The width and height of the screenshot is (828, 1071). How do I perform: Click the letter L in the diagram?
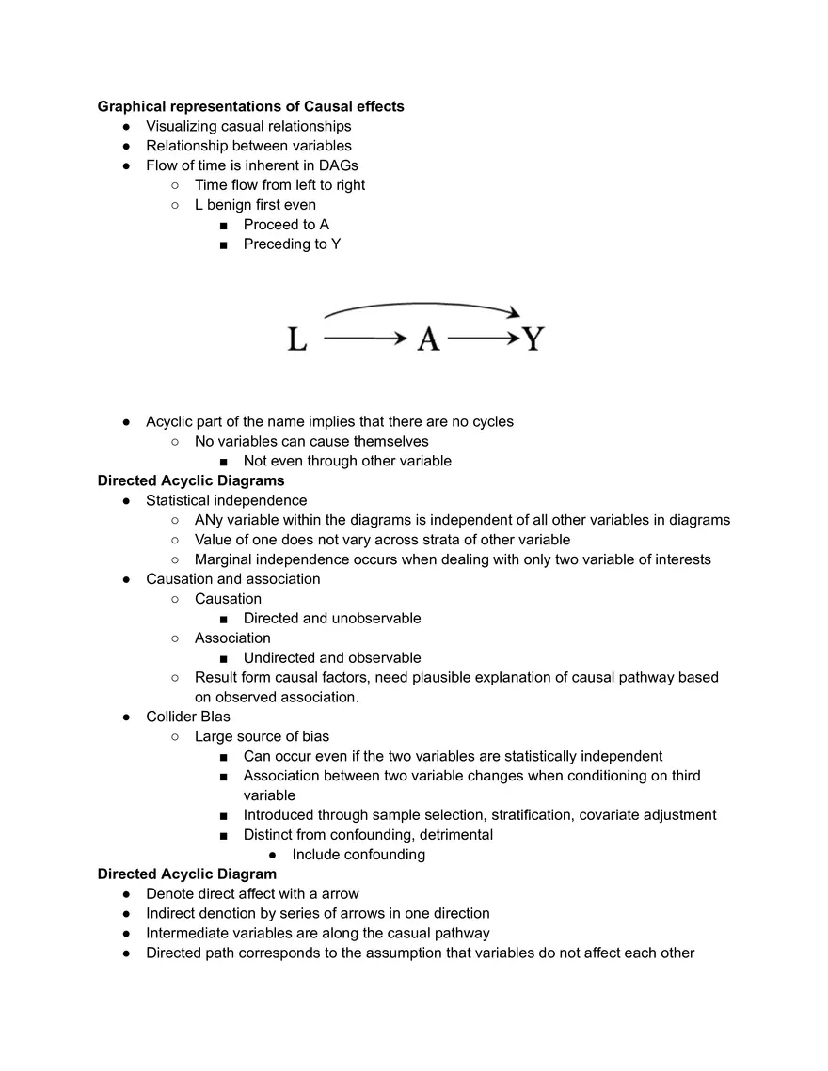(x=297, y=339)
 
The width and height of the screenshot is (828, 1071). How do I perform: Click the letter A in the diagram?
(x=428, y=339)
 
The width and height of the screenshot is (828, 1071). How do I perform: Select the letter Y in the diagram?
(x=533, y=339)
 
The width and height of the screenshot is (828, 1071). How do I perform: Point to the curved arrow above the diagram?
(x=422, y=307)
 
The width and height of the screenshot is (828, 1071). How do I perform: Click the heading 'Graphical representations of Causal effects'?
(x=250, y=106)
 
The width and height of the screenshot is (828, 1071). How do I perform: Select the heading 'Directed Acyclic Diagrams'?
(x=191, y=480)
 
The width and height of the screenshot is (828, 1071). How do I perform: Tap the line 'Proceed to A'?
(x=286, y=225)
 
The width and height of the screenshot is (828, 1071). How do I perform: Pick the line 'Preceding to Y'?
(x=292, y=244)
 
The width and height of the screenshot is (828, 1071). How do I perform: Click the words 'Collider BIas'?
(x=188, y=717)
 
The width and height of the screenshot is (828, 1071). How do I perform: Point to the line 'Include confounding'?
(x=358, y=855)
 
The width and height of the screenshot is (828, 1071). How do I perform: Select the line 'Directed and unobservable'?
(x=332, y=619)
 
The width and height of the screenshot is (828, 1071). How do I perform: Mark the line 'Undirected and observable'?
(x=332, y=658)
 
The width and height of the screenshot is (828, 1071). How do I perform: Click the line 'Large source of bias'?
(x=262, y=736)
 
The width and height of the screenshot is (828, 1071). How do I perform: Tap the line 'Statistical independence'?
(x=226, y=500)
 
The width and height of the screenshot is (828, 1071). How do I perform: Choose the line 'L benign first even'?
(x=255, y=205)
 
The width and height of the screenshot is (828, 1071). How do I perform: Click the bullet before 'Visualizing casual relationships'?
(x=126, y=126)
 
